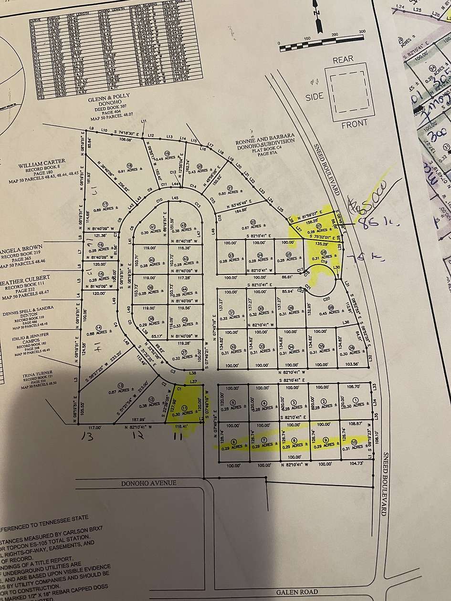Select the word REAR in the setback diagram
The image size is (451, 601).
343,59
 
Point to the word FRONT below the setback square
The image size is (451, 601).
354,124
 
